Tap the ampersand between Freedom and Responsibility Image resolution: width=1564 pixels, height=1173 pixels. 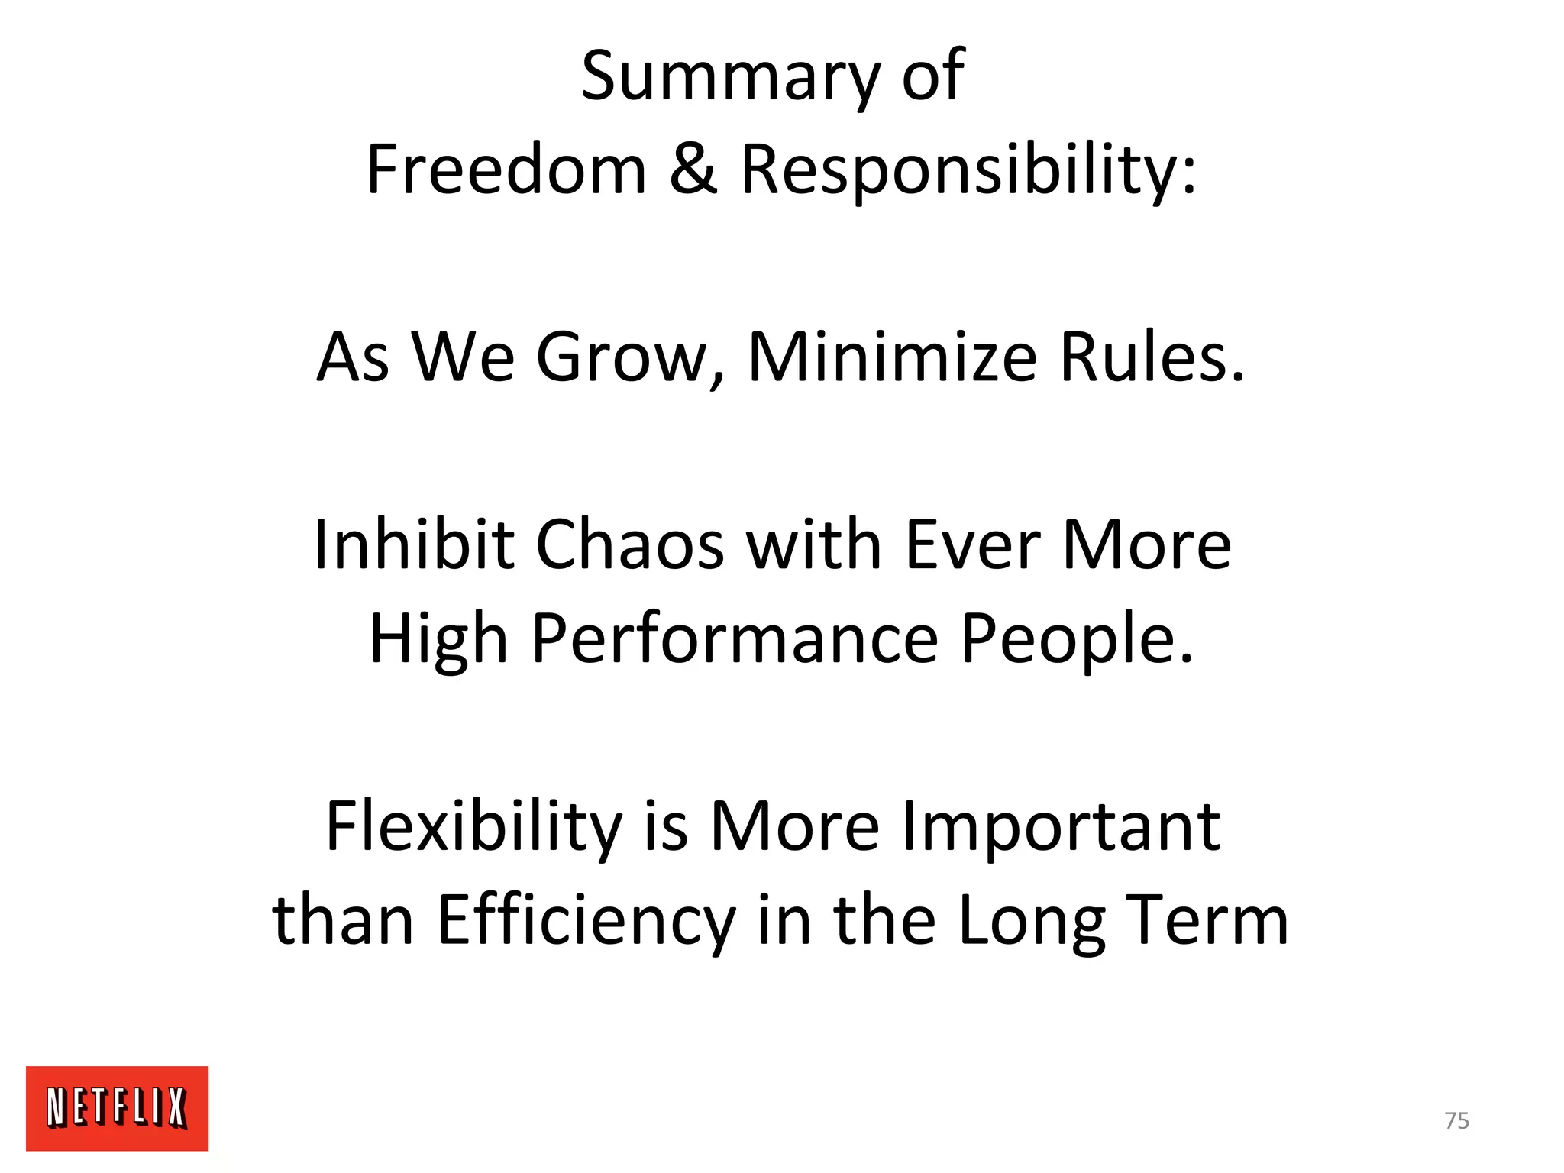click(693, 170)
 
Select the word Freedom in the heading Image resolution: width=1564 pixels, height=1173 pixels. click(506, 170)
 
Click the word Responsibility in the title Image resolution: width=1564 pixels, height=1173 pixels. click(968, 170)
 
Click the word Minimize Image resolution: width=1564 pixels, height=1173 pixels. click(892, 357)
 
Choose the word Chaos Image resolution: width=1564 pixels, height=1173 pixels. click(630, 544)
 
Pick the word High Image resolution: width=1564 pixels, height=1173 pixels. click(438, 639)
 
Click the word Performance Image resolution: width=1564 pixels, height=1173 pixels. click(735, 639)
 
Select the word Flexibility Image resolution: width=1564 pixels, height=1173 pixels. click(474, 827)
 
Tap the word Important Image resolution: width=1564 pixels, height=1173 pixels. click(1061, 827)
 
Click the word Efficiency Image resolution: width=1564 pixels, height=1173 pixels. click(586, 921)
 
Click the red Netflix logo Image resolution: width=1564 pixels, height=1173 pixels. click(117, 1108)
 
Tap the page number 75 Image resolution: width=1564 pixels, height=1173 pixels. click(1456, 1120)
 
